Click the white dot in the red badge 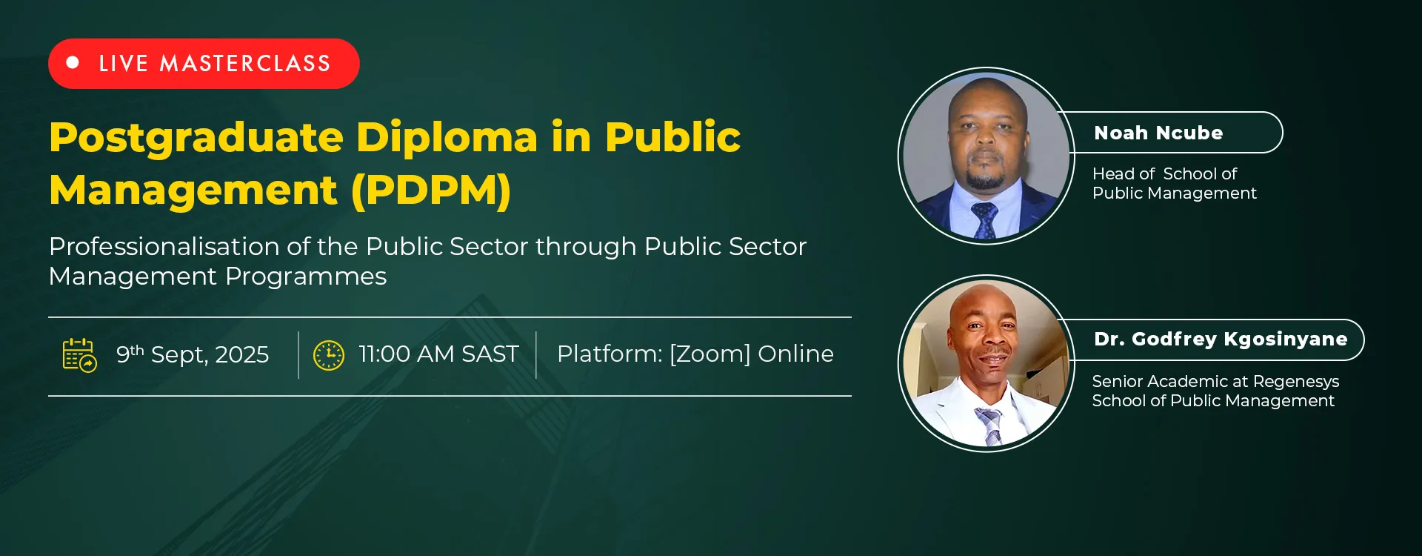[73, 63]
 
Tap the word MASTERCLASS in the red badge [245, 64]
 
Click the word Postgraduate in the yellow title [196, 139]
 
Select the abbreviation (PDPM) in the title [430, 190]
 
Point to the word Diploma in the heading [447, 139]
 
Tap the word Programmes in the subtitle [305, 277]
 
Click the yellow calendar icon [79, 355]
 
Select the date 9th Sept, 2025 [193, 354]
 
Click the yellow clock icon [329, 355]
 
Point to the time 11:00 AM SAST [438, 354]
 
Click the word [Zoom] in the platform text [710, 354]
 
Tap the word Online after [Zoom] [795, 354]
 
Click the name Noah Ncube [1158, 133]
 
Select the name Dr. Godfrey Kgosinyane [1221, 340]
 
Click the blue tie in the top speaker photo [984, 221]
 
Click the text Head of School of [1164, 173]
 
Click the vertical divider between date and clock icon [298, 355]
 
